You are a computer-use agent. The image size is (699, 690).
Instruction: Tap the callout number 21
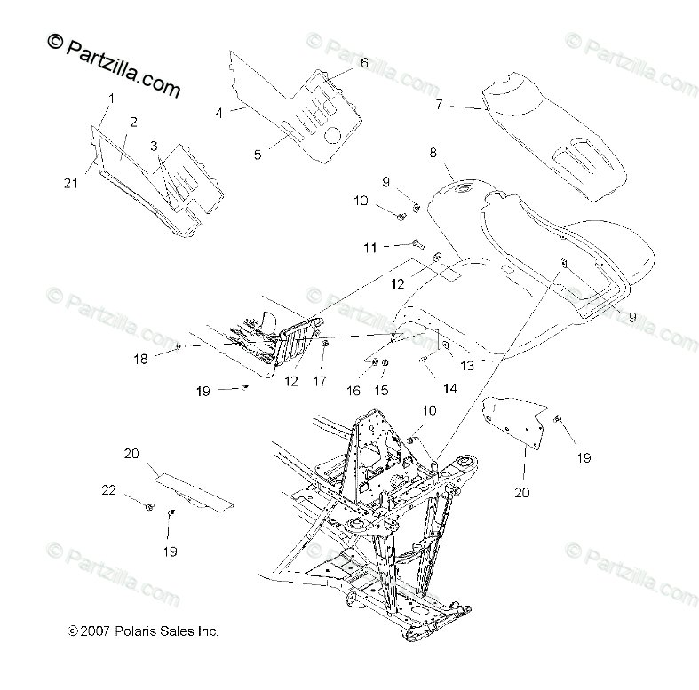pyautogui.click(x=71, y=183)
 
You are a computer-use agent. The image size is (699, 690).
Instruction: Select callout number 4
pyautogui.click(x=218, y=112)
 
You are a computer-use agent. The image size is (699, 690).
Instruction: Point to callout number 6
pyautogui.click(x=363, y=63)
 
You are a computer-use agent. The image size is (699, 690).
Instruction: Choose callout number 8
pyautogui.click(x=433, y=153)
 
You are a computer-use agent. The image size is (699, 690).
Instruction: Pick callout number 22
pyautogui.click(x=109, y=490)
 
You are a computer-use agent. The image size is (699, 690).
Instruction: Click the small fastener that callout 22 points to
pyautogui.click(x=149, y=506)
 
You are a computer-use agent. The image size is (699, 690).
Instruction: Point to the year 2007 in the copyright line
pyautogui.click(x=97, y=632)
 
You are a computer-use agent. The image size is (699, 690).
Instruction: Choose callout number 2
pyautogui.click(x=133, y=122)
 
